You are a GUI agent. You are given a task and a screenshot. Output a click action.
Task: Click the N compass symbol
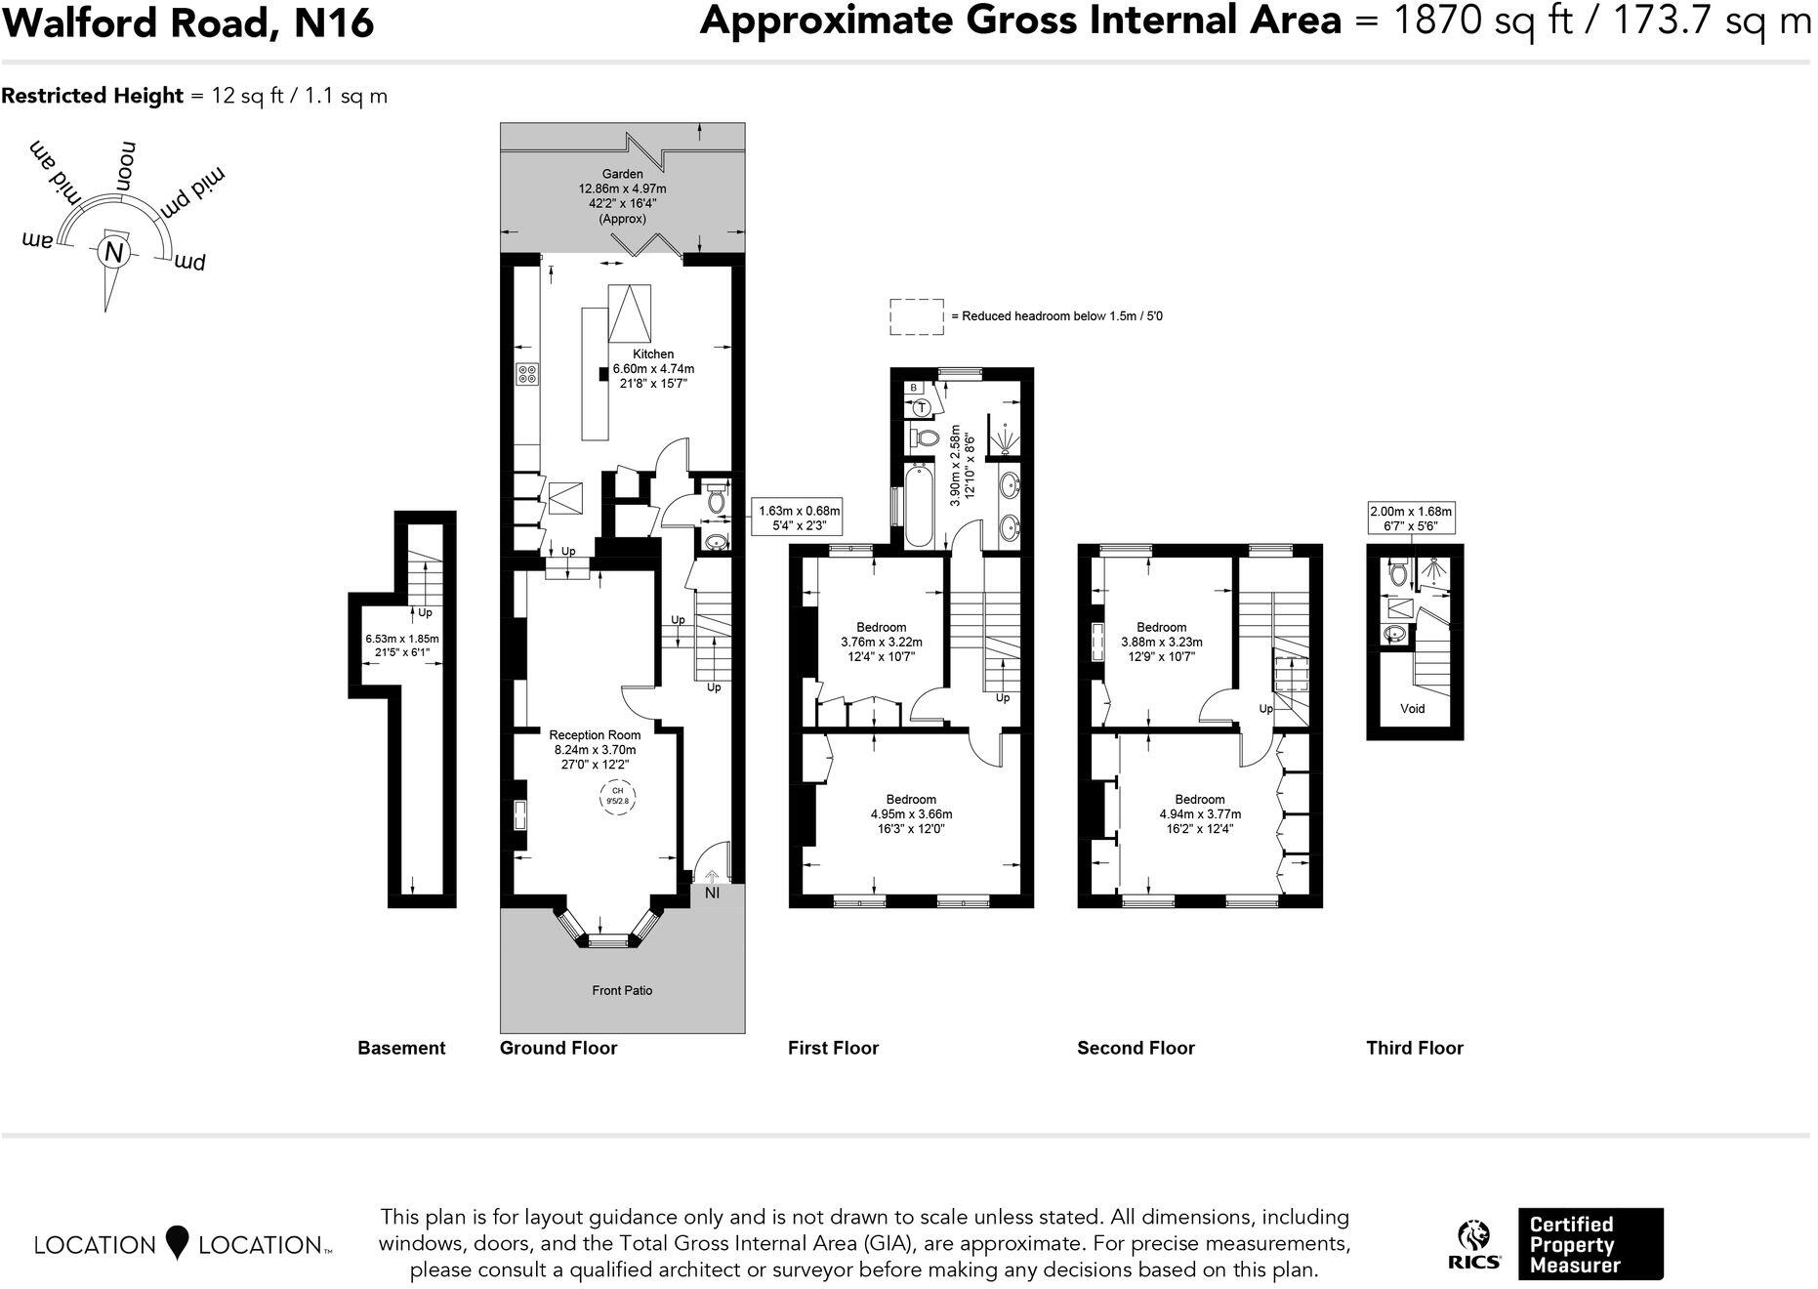point(113,252)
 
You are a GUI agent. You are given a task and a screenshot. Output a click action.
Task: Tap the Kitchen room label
point(652,354)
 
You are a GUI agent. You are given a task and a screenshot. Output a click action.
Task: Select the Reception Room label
point(595,735)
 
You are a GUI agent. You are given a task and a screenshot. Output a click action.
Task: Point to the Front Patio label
point(622,990)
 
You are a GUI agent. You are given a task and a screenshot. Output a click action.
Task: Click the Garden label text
point(622,175)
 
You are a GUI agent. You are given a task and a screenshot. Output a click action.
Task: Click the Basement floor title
point(401,1048)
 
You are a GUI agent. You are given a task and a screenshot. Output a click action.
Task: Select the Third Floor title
point(1414,1048)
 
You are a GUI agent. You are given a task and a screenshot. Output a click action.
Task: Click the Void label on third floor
point(1412,709)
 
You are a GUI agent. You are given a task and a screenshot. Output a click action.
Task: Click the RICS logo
point(1474,1244)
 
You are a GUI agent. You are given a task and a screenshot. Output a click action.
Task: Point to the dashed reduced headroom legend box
point(916,316)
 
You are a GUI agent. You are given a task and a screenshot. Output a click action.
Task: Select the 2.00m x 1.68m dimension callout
point(1411,518)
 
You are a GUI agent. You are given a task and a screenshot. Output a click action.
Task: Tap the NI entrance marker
point(712,893)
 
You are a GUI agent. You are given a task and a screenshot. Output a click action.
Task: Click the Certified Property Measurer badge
point(1590,1244)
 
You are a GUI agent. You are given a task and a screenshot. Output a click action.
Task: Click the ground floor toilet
point(716,501)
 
